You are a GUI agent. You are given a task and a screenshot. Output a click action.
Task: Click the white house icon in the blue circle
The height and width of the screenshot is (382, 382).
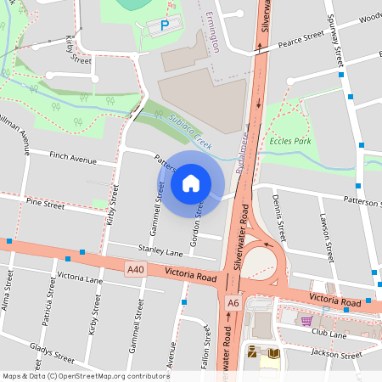click(x=191, y=183)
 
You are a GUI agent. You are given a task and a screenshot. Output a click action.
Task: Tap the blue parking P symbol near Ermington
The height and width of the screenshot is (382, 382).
click(x=165, y=26)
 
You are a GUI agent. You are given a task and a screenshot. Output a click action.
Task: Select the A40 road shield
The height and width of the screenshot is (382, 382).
click(x=134, y=270)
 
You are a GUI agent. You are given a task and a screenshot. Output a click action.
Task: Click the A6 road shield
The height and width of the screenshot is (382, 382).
click(x=234, y=302)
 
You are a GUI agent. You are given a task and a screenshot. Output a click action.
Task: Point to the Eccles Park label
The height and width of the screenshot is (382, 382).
click(x=288, y=141)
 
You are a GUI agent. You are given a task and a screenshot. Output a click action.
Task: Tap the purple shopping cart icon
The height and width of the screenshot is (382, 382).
click(x=306, y=320)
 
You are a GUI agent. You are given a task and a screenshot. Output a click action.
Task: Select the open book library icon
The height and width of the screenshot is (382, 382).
click(x=273, y=353)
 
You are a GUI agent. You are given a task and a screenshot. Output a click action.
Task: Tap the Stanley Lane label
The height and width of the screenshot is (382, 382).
click(x=161, y=253)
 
